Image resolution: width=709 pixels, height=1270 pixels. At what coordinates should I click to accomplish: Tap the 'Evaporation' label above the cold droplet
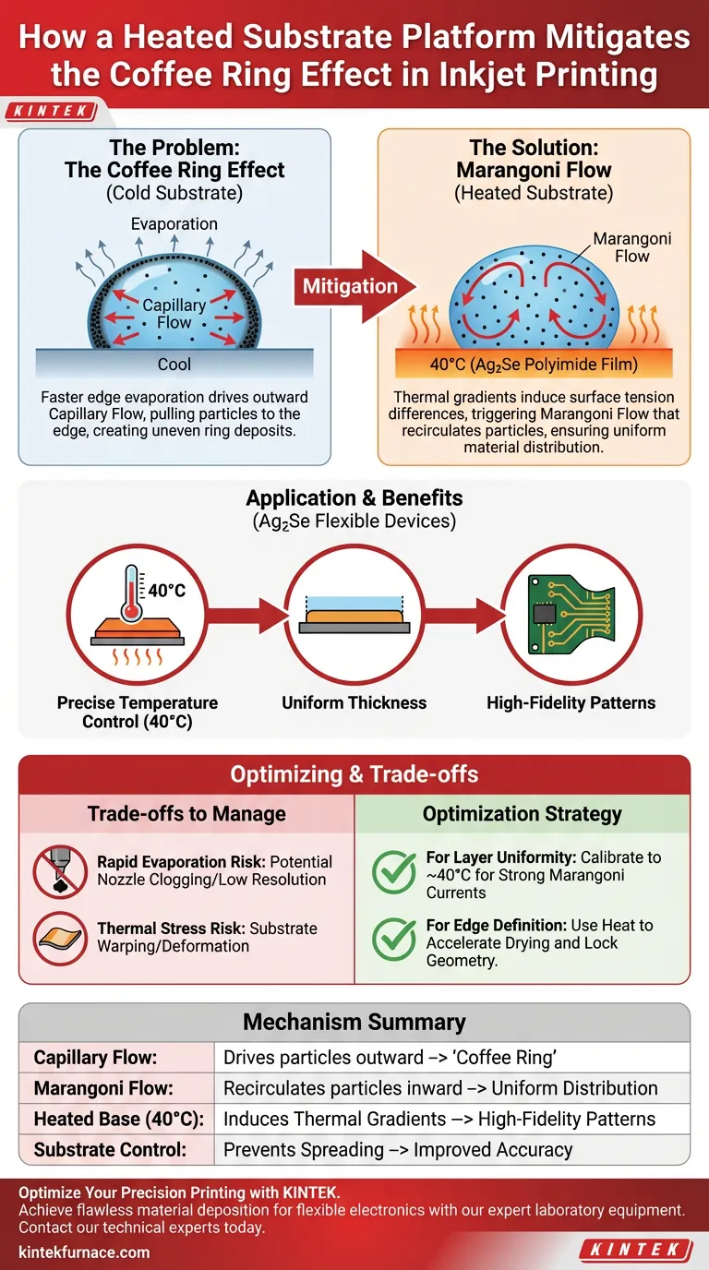174,224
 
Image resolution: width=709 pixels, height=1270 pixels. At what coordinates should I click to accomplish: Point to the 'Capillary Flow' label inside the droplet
174,314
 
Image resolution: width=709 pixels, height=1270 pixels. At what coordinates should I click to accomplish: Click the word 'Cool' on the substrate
174,365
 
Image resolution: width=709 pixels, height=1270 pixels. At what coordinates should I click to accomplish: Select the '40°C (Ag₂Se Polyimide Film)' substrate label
534,365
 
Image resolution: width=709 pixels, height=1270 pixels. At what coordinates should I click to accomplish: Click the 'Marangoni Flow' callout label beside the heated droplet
631,247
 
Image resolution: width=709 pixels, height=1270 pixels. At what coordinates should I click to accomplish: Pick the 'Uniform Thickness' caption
354,702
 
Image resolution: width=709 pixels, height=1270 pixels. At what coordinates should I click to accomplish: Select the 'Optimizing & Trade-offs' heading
354,773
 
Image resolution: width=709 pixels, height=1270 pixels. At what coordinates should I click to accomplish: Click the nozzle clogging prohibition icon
59,870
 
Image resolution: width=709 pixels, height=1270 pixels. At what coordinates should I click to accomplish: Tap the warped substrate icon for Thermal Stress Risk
59,937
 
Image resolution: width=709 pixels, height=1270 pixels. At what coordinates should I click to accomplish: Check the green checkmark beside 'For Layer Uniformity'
394,871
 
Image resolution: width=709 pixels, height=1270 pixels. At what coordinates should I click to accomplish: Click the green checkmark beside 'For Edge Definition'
394,938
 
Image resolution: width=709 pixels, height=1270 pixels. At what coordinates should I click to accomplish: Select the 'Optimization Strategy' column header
522,814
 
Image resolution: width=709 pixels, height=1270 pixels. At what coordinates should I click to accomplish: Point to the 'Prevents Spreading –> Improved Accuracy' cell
398,1150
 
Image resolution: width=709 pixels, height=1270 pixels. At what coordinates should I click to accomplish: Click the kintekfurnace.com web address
84,1252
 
